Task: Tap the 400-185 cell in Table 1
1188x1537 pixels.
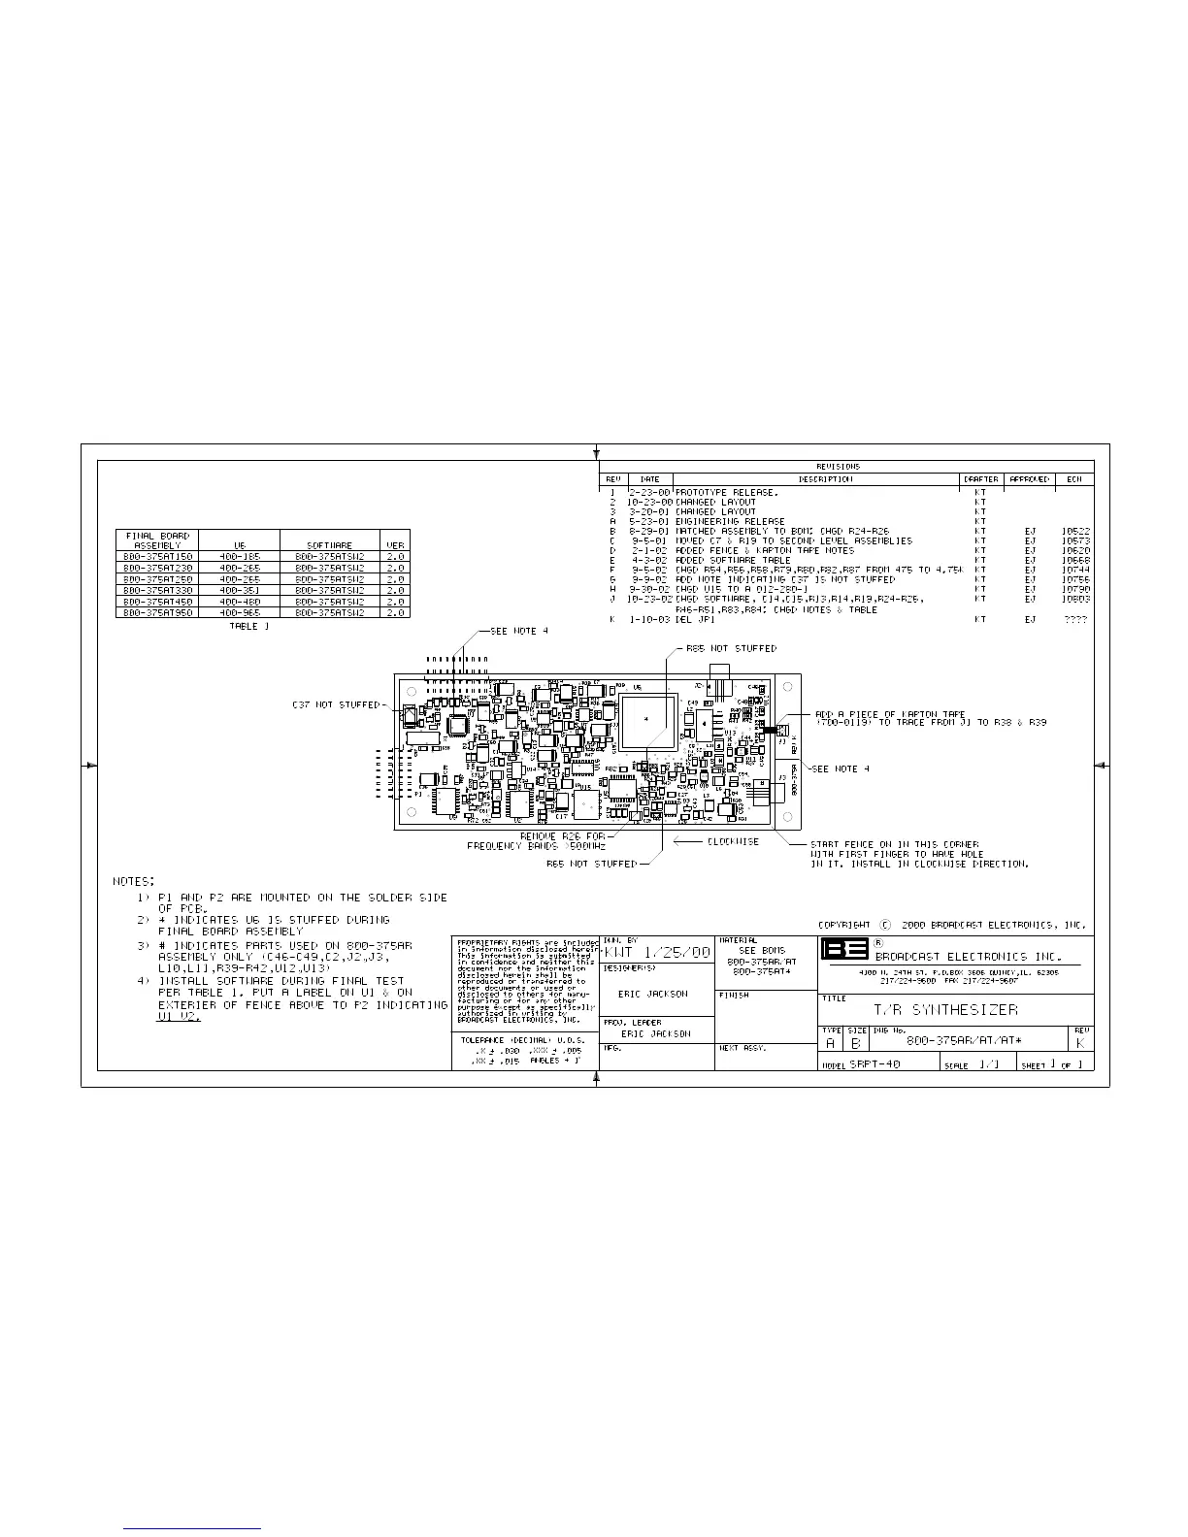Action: [x=240, y=557]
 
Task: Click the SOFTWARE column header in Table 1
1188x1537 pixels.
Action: [x=329, y=545]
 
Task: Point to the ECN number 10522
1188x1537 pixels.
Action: [x=1075, y=532]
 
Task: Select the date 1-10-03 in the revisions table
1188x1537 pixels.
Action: [x=649, y=619]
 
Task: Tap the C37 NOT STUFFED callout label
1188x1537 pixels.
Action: [x=337, y=704]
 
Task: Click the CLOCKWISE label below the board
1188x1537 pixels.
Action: [x=733, y=841]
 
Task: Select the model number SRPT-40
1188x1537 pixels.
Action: [x=874, y=1064]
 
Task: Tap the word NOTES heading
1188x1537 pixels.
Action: [x=134, y=881]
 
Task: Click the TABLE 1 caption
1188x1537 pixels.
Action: [x=250, y=627]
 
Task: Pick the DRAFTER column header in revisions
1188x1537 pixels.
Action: [x=979, y=479]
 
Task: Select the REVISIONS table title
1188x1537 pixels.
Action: [x=838, y=467]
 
